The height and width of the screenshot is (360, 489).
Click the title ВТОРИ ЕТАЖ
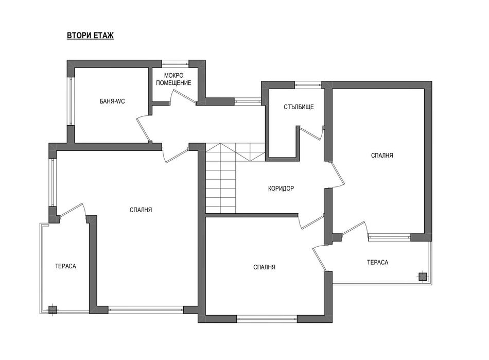91,36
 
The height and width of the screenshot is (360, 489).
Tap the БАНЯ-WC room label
112,101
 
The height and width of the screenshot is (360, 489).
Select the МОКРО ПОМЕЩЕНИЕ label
173,79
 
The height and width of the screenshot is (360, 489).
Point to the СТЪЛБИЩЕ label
299,107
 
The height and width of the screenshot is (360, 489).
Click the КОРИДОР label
281,188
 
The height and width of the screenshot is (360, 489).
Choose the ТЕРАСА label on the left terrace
65,266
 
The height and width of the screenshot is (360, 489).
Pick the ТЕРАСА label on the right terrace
378,262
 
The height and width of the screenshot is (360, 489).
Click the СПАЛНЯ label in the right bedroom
382,156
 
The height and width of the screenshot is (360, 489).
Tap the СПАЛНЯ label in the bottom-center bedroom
264,267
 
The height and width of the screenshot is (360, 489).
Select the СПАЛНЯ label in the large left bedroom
141,210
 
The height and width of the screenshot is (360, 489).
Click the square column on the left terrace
53,310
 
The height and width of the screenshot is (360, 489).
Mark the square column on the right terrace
423,277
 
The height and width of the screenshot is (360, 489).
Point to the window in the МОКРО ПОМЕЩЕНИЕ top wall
176,63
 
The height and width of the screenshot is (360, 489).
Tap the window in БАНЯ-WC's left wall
71,101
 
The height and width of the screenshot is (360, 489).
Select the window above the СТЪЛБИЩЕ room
308,84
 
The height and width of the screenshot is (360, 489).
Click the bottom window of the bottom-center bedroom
267,319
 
